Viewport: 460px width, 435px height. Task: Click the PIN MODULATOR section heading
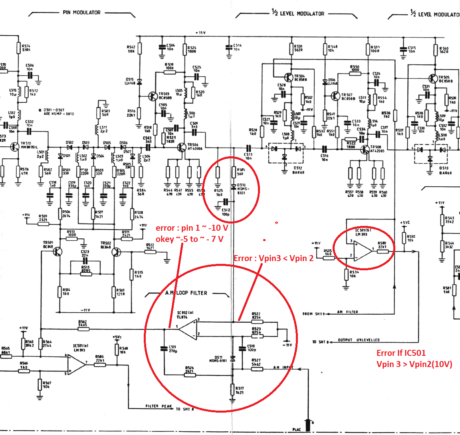(x=81, y=12)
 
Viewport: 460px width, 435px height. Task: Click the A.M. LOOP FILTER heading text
(x=186, y=293)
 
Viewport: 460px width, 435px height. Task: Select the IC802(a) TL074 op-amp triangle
(x=187, y=329)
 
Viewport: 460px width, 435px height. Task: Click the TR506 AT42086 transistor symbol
(x=182, y=148)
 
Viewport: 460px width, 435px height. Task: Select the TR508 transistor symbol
(x=365, y=150)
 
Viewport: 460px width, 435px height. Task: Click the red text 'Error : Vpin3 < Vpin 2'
(x=274, y=258)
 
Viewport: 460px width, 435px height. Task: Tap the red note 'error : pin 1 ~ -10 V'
(x=192, y=228)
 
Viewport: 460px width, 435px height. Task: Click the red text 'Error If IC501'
(x=401, y=353)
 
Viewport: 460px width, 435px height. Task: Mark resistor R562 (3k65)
(x=83, y=329)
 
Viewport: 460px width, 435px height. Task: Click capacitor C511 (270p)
(x=164, y=349)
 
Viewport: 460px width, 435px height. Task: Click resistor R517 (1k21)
(x=233, y=389)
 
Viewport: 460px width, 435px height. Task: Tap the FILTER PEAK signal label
(x=159, y=406)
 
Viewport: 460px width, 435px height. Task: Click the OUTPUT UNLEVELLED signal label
(x=359, y=340)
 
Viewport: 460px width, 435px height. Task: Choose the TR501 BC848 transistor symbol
(x=57, y=251)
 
